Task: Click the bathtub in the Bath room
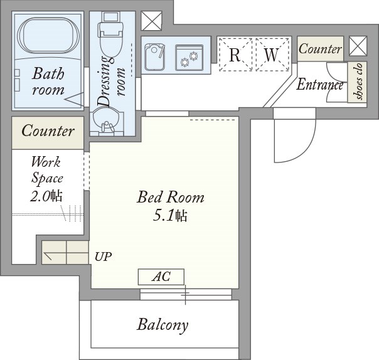coord(48,36)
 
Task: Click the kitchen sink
coord(155,57)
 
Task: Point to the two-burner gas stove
coord(189,58)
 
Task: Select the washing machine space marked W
coord(272,55)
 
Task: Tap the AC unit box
coord(161,277)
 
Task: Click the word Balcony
coord(163,325)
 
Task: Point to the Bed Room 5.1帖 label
coord(171,206)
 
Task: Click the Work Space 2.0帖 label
coord(46,179)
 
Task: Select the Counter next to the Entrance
coord(320,48)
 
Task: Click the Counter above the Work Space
coord(48,132)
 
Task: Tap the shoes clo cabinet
coord(357,82)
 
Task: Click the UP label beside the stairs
coord(103,257)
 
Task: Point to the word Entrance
coord(320,85)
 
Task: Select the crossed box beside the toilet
coord(152,21)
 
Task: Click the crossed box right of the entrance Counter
coord(358,46)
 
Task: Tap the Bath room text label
coord(48,81)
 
